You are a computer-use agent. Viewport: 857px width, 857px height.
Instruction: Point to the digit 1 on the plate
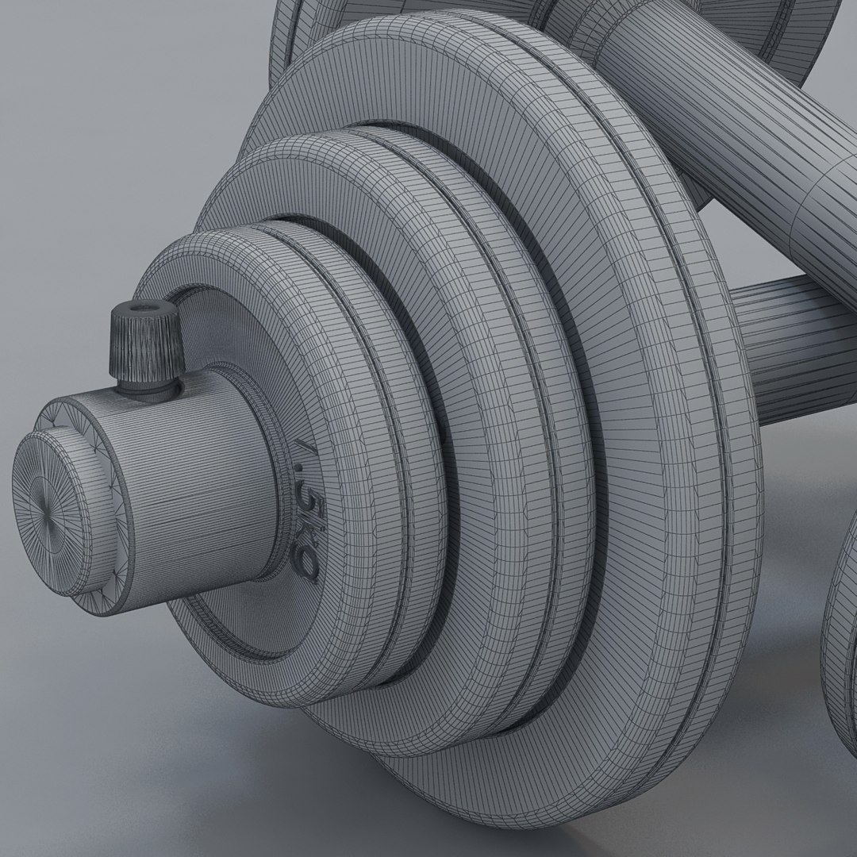[302, 458]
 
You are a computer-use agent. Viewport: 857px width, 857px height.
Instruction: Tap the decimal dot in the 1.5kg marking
[302, 481]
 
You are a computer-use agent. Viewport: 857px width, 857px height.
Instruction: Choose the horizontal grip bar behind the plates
[794, 341]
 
